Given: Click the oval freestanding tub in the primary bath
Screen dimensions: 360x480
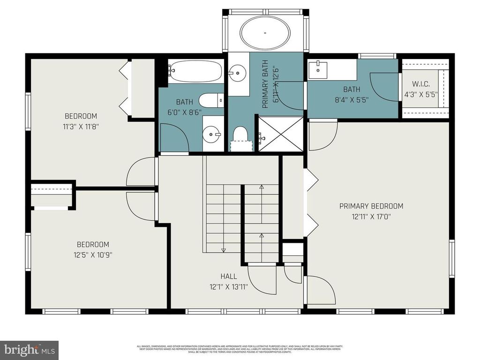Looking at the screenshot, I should coord(265,33).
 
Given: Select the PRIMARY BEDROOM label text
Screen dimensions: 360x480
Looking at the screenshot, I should coord(371,206).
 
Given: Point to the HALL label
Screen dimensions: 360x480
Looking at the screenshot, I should coord(229,277).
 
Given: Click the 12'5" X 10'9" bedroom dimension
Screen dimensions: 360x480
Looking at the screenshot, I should coord(93,255).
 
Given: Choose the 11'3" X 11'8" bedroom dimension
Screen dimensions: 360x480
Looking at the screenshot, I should coord(81,127).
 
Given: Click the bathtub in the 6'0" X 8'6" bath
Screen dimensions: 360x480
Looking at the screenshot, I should coord(195,73).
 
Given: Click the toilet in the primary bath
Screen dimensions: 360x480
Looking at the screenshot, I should coord(240,135).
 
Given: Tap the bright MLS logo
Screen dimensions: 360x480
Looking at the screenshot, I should coord(29,350).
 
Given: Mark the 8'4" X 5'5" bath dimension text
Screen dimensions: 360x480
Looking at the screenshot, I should coord(352,99).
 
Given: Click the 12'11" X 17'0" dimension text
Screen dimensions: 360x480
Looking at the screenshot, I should coord(371,217).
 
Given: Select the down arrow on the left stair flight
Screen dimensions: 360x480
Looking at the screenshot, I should coord(224,249).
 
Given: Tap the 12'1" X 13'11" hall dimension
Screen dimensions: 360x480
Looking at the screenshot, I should coord(229,286).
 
